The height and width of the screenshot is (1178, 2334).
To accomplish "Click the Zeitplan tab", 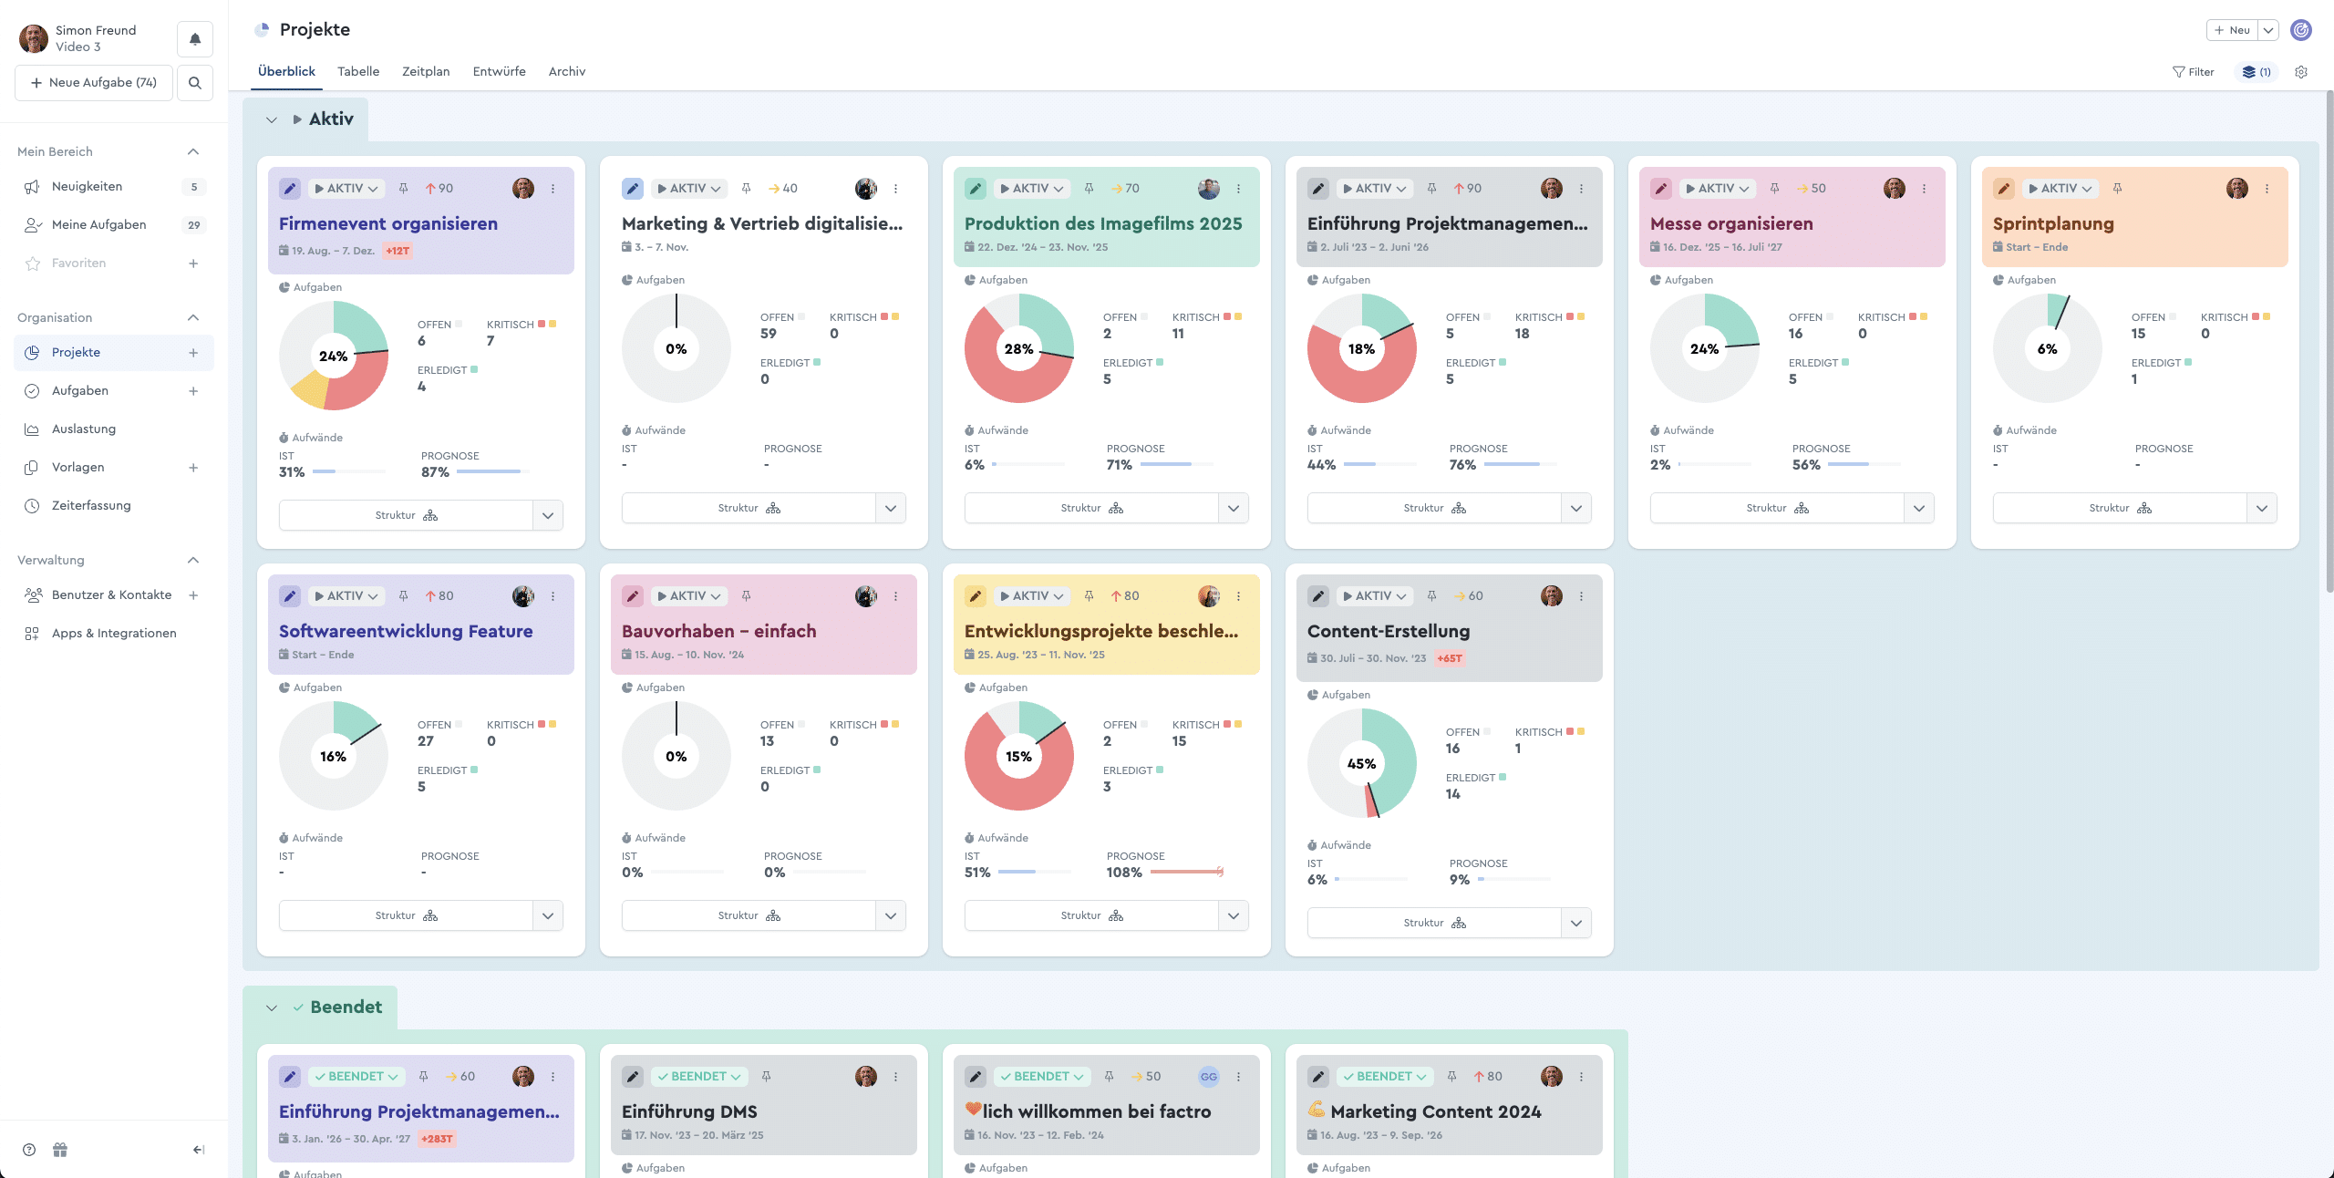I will [x=426, y=71].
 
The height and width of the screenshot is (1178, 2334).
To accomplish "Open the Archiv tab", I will [x=566, y=71].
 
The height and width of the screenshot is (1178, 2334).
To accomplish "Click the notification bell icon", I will [x=195, y=39].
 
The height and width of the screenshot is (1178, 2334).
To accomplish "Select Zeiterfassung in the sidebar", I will [x=91, y=505].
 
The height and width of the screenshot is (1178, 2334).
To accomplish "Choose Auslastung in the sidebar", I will [x=84, y=429].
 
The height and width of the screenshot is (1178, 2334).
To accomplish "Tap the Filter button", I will [x=2193, y=72].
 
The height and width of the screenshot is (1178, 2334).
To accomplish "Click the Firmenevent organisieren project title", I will [x=388, y=223].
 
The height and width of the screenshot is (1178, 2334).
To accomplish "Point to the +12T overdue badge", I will [x=398, y=251].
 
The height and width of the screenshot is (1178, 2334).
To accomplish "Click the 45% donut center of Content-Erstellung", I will [x=1361, y=764].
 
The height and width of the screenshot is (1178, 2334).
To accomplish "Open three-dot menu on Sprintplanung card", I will [x=2267, y=189].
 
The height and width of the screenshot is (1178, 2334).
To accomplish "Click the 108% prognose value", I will [x=1124, y=873].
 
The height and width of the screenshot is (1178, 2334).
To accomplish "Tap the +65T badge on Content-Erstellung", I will [x=1449, y=658].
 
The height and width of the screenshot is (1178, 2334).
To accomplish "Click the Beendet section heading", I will [x=346, y=1007].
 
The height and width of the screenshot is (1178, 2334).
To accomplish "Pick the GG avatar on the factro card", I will [x=1208, y=1077].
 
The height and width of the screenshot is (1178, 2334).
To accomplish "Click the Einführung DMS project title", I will [x=689, y=1111].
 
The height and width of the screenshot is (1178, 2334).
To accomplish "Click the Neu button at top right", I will [x=2232, y=30].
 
